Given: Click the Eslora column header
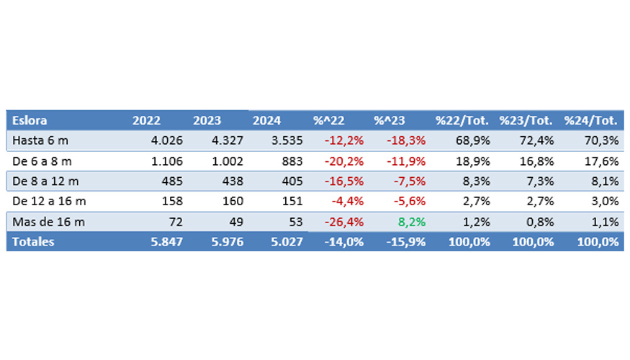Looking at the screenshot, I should pyautogui.click(x=30, y=120).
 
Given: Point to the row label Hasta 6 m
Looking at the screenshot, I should pyautogui.click(x=41, y=140).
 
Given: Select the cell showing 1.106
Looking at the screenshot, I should pyautogui.click(x=167, y=161).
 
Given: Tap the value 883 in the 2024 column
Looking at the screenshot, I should pyautogui.click(x=289, y=161).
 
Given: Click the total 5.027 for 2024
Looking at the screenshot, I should pyautogui.click(x=288, y=242).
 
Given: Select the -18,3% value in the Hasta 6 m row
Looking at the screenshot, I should pyautogui.click(x=405, y=140).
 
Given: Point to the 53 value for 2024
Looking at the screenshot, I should pyautogui.click(x=295, y=222).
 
